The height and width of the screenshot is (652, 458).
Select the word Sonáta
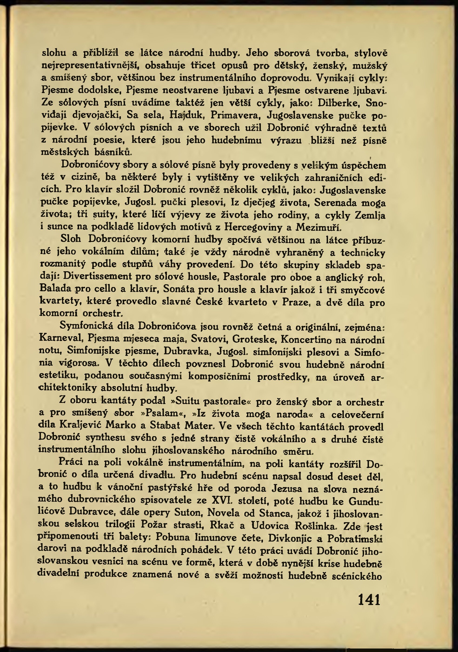click(179, 289)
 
